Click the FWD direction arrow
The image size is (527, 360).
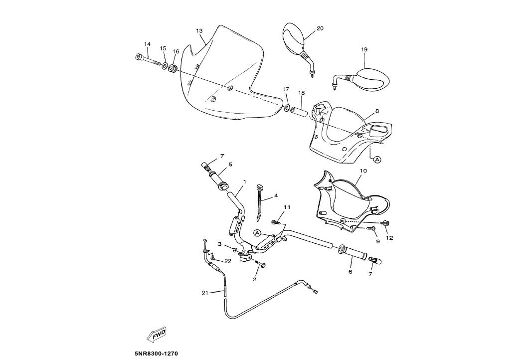pos(157,335)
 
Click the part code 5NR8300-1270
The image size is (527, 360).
pos(156,354)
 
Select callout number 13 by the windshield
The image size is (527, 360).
pos(199,31)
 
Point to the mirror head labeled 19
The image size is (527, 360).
pos(373,79)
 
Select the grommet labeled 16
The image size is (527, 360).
pos(174,69)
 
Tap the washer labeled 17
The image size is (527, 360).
pos(287,108)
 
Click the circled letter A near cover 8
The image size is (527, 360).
pos(377,160)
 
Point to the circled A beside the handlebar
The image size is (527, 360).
pos(257,233)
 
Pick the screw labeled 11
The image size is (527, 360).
pos(276,222)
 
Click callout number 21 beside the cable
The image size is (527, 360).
pos(205,293)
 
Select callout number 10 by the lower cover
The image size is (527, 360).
pos(363,171)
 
